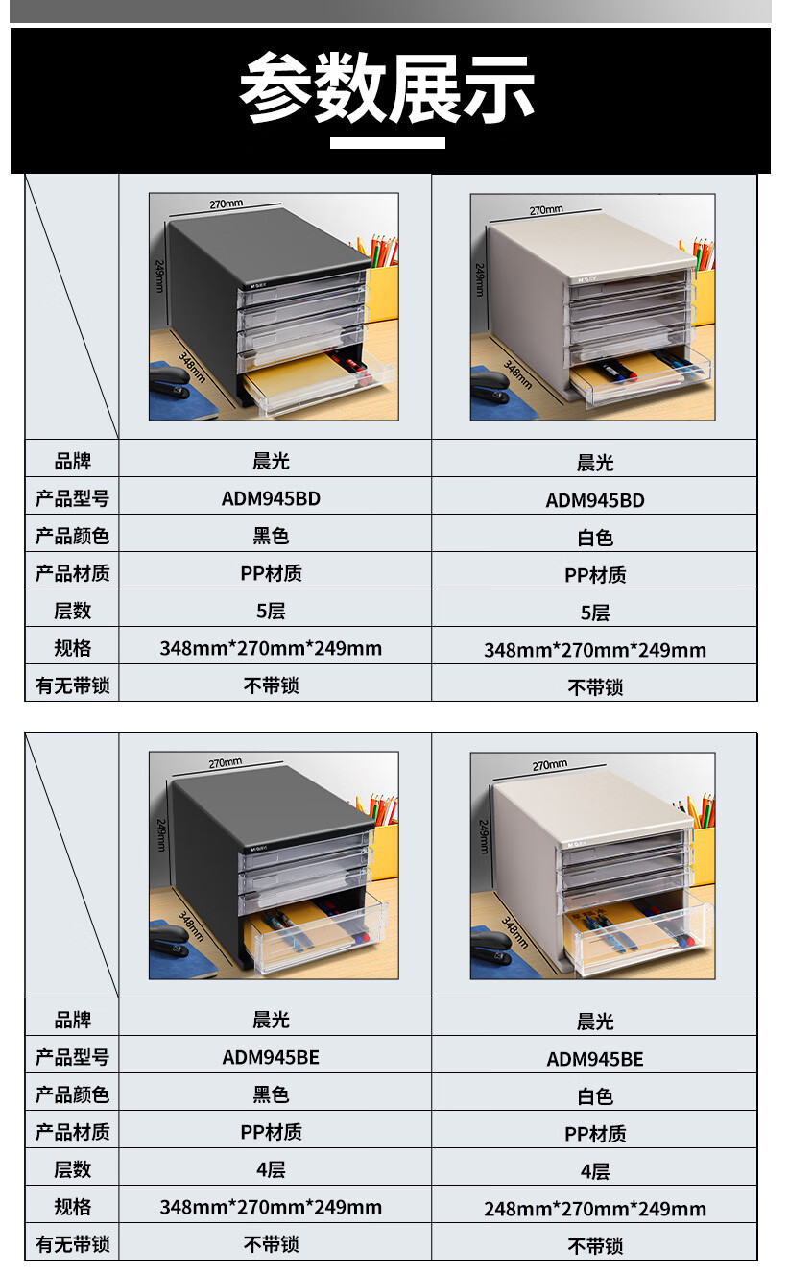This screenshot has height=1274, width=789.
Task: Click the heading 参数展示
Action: click(x=388, y=88)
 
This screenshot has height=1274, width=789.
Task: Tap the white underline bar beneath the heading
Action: click(x=388, y=144)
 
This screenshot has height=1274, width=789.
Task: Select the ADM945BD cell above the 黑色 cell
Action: click(x=271, y=498)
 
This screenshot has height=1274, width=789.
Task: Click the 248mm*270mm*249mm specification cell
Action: click(x=594, y=1209)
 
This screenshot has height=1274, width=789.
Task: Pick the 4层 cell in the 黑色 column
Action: click(x=271, y=1169)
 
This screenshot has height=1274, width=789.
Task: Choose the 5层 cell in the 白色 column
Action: click(x=594, y=613)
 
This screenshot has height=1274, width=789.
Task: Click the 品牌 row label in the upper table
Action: click(x=72, y=461)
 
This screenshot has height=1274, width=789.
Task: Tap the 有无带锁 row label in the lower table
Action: click(x=72, y=1244)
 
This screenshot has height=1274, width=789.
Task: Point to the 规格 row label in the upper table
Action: click(x=72, y=648)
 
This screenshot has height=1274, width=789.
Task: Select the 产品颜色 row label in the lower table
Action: click(x=72, y=1094)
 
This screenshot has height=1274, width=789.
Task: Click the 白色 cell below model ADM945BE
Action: click(x=594, y=1096)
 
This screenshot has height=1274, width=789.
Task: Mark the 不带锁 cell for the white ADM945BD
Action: click(x=594, y=687)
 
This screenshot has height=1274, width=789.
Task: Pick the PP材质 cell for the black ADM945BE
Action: click(x=271, y=1132)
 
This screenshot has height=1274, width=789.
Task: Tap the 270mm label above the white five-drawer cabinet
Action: click(x=546, y=209)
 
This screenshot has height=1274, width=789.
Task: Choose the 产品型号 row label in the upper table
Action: click(x=72, y=498)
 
